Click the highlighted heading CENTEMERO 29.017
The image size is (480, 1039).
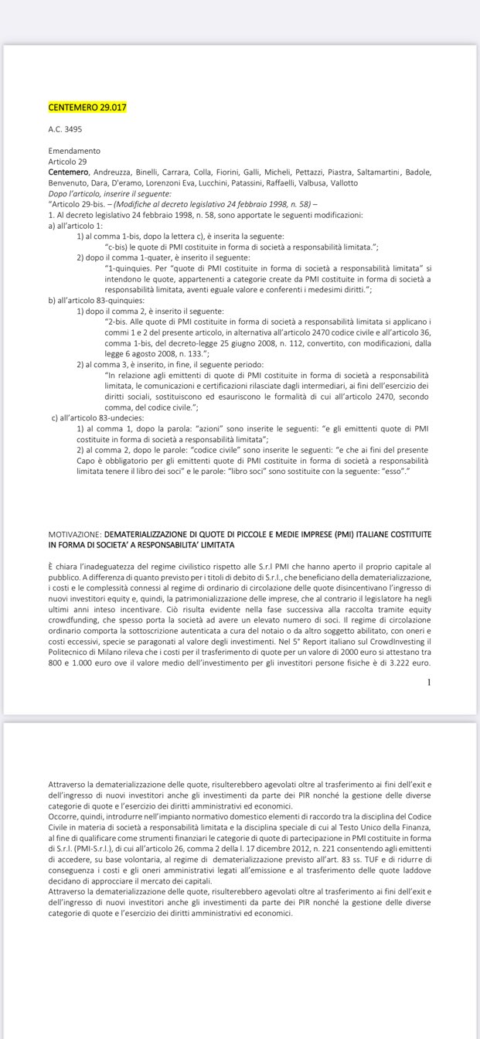coord(87,107)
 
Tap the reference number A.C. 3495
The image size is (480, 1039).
coord(65,129)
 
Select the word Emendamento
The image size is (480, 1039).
coord(74,151)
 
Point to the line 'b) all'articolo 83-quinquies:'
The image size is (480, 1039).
coord(96,300)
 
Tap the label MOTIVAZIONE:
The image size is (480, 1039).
coord(74,534)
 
